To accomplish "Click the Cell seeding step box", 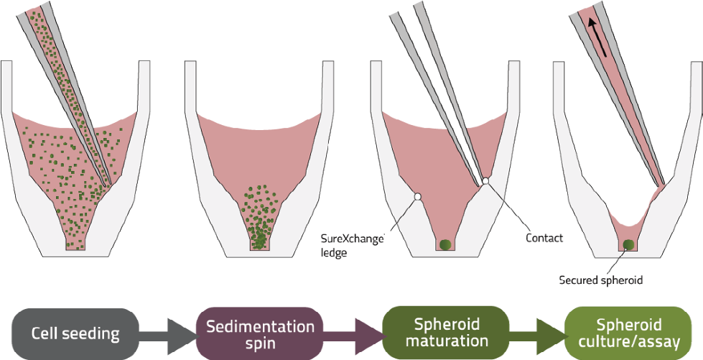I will coord(75,333).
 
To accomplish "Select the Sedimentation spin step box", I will coord(260,334).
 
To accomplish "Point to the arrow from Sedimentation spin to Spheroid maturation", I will coord(354,334).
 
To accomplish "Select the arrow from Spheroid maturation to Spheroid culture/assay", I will coord(539,334).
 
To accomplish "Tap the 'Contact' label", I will coord(544,237).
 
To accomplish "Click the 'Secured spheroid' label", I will coord(600,280).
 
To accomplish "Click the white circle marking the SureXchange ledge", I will coord(416,196).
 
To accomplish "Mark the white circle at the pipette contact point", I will coord(486,181).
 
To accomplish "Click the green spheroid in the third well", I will coord(444,244).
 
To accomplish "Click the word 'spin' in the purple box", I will coord(260,343).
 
